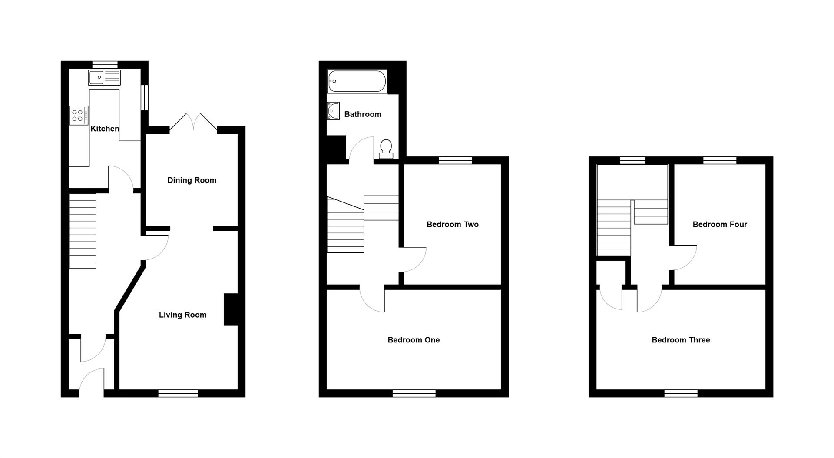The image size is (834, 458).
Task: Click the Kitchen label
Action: coord(105,129)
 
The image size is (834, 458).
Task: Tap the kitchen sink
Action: coord(104,78)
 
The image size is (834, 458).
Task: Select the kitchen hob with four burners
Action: coord(79,115)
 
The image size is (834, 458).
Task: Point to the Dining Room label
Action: coord(192,180)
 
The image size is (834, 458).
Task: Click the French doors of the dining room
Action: coord(193,122)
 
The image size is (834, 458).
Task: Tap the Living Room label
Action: coord(182,315)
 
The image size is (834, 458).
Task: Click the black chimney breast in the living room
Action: coord(231,310)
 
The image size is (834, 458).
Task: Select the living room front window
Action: coord(178,393)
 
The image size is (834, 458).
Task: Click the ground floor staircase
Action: coord(83,231)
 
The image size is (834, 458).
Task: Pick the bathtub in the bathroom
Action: coord(357,81)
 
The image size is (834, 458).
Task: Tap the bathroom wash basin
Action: coord(333,111)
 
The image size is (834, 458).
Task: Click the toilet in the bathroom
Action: coord(386,149)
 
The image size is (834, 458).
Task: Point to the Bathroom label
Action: coord(363,114)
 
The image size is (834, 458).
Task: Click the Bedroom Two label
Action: coord(452,225)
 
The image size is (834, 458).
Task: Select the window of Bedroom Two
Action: coord(455,160)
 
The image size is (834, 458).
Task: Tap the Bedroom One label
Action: coord(414,340)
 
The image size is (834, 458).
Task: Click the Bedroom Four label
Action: coord(719,225)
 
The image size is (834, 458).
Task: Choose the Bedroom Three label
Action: coord(681,340)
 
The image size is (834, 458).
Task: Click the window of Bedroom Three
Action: coord(681,393)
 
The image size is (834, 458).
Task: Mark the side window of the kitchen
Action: coord(145,97)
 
